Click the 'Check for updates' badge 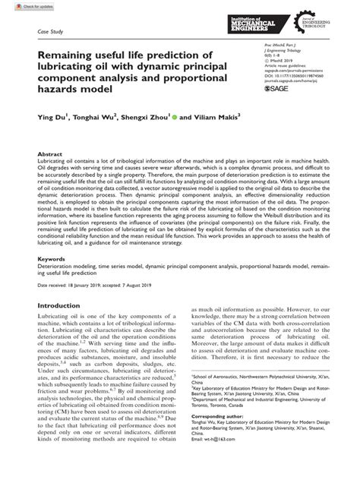(21, 7)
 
